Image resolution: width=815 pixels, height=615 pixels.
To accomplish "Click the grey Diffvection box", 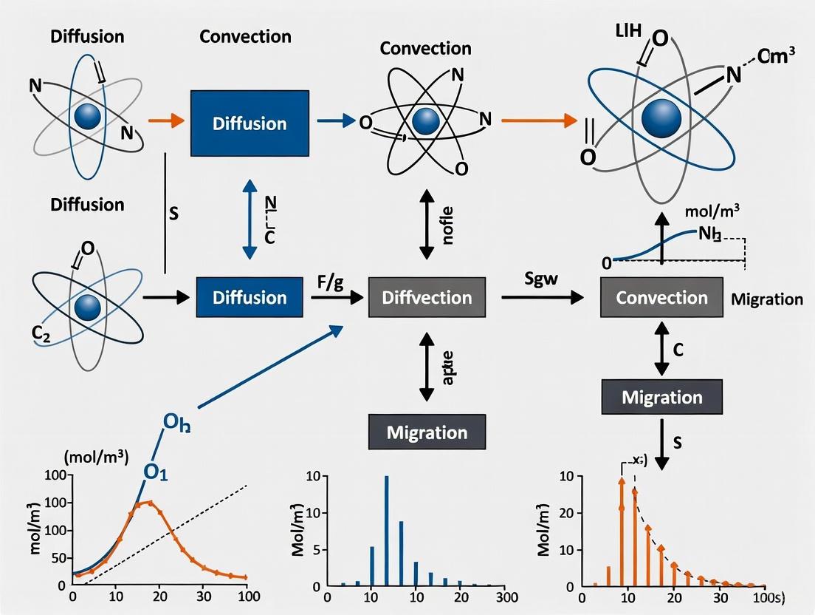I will pyautogui.click(x=427, y=298).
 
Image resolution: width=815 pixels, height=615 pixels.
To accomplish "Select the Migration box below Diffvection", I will pyautogui.click(x=427, y=431).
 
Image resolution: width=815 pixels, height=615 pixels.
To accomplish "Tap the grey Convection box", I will pyautogui.click(x=661, y=298).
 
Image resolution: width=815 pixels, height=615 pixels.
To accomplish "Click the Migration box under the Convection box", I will pyautogui.click(x=661, y=397).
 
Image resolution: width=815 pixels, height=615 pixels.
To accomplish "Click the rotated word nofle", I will pyautogui.click(x=447, y=221).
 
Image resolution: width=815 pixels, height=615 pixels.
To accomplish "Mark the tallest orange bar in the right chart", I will pyautogui.click(x=622, y=532).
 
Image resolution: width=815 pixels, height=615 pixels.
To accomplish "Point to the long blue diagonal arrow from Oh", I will pyautogui.click(x=269, y=367).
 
